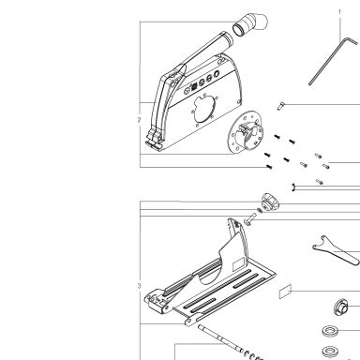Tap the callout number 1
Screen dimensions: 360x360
pyautogui.click(x=340, y=12)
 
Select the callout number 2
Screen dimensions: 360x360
pyautogui.click(x=139, y=120)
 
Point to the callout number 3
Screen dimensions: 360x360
pyautogui.click(x=139, y=286)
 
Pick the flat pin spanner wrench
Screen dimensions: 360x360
pyautogui.click(x=336, y=250)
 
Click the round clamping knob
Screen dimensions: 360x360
pyautogui.click(x=269, y=202)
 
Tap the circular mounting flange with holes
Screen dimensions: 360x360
pyautogui.click(x=246, y=132)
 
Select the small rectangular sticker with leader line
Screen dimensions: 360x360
pyautogui.click(x=285, y=292)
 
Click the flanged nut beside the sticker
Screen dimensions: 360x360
pyautogui.click(x=340, y=307)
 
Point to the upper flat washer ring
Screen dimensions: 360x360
pyautogui.click(x=330, y=331)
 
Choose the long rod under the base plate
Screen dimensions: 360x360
pyautogui.click(x=220, y=337)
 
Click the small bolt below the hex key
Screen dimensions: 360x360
pyautogui.click(x=280, y=106)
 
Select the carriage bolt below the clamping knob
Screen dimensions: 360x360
pyautogui.click(x=249, y=218)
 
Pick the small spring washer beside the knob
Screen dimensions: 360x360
pyautogui.click(x=260, y=210)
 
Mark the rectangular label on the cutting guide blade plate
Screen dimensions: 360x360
pyautogui.click(x=238, y=264)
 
